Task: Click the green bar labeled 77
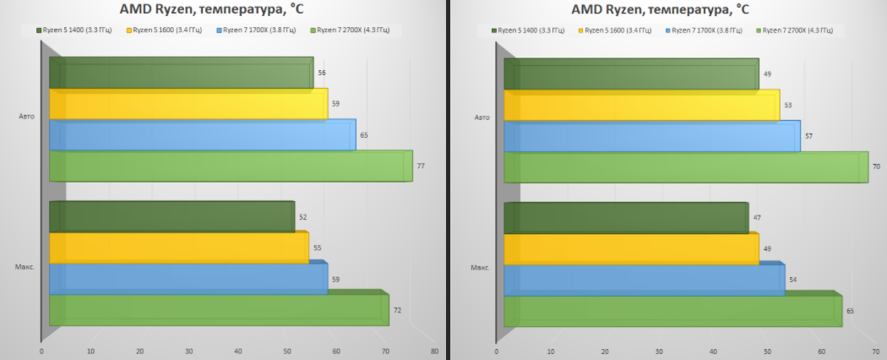[x=228, y=166]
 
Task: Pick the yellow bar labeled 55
[x=177, y=248]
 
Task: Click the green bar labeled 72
[x=216, y=310]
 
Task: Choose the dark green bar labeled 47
[x=625, y=217]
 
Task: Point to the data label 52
[x=303, y=217]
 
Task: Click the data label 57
[x=809, y=135]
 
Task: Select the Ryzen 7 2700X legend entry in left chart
[x=352, y=30]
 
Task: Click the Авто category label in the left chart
[x=26, y=116]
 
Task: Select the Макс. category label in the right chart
[x=479, y=268]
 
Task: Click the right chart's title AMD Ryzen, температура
[x=660, y=9]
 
